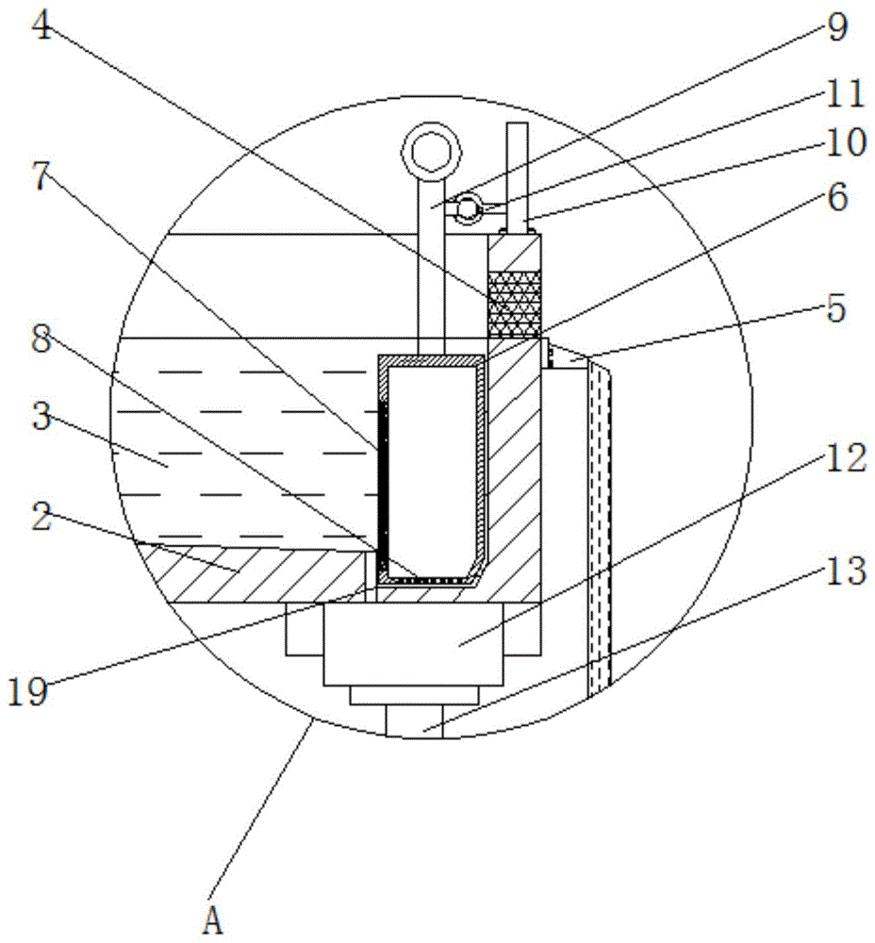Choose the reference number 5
click(x=836, y=308)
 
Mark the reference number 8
click(x=40, y=340)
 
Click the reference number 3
click(x=40, y=416)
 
